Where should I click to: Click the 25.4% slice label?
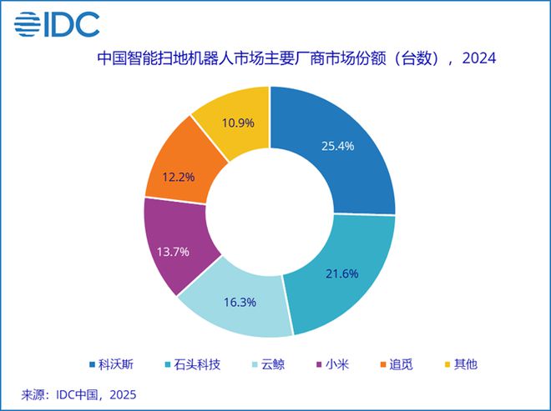click(338, 145)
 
